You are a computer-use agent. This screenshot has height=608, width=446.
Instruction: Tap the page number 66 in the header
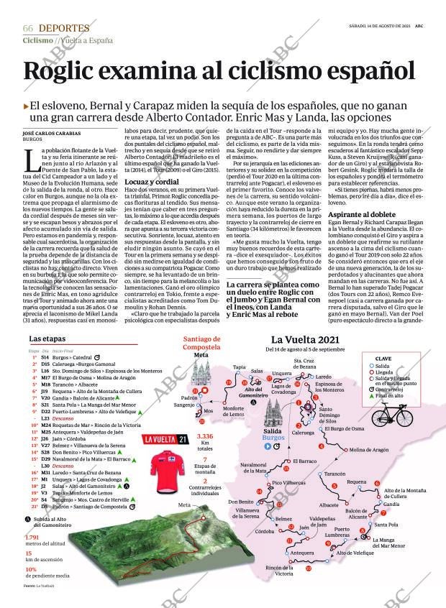coord(28,28)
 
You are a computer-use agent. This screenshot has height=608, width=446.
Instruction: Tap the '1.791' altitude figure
coord(31,538)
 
